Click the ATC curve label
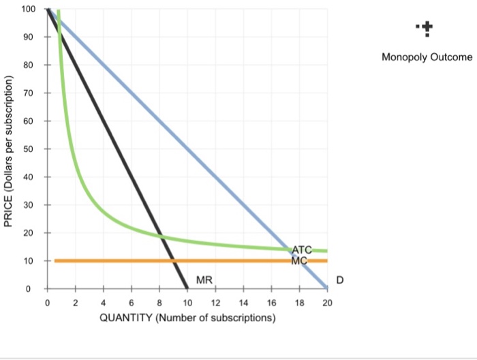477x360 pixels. click(x=303, y=250)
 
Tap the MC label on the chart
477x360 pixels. click(x=300, y=260)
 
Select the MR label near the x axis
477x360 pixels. click(x=204, y=280)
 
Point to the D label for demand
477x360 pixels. click(x=340, y=280)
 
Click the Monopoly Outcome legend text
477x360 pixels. click(x=427, y=57)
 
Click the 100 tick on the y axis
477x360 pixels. click(x=28, y=8)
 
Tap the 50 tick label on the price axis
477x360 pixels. click(x=30, y=149)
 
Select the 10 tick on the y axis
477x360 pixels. click(x=30, y=261)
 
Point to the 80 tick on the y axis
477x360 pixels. click(x=30, y=65)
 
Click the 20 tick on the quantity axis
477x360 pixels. click(x=327, y=302)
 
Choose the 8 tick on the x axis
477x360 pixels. click(x=159, y=302)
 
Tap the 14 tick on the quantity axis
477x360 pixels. click(x=243, y=302)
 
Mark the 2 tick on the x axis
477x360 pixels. click(x=75, y=302)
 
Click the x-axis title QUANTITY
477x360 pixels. click(x=187, y=318)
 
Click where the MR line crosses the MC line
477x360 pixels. click(x=173, y=260)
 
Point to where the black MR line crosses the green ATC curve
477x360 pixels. click(x=161, y=237)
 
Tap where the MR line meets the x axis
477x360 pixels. click(x=187, y=288)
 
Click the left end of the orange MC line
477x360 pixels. click(x=55, y=260)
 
